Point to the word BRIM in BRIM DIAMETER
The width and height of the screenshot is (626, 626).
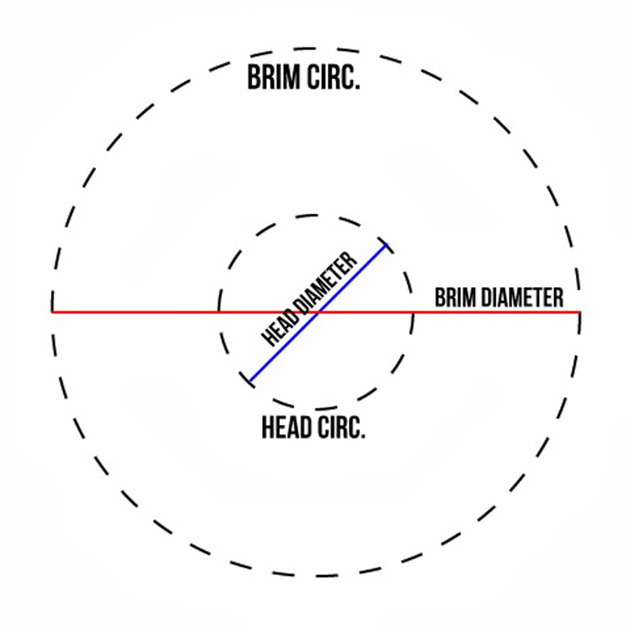(x=455, y=298)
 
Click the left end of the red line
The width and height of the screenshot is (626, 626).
(x=53, y=312)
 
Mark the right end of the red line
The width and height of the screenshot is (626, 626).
(x=579, y=312)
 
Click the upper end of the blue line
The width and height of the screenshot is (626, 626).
(x=386, y=244)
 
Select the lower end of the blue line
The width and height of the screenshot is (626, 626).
(x=250, y=382)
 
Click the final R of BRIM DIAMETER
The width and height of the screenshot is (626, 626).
(x=558, y=298)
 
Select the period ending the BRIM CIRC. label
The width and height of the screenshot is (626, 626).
(x=357, y=86)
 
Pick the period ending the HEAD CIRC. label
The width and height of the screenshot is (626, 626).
(x=363, y=437)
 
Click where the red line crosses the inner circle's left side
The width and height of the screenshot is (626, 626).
(x=219, y=312)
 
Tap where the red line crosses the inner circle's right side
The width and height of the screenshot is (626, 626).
(x=413, y=312)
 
